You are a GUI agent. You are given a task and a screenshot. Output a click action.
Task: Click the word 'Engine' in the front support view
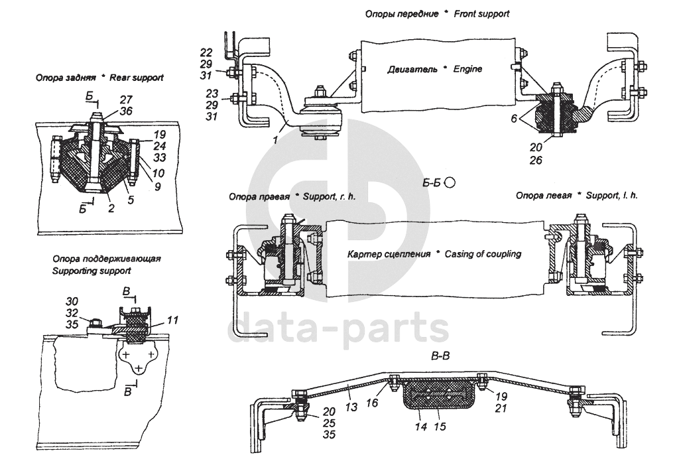pos(465,69)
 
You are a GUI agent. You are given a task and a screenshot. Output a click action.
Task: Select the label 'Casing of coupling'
pos(483,254)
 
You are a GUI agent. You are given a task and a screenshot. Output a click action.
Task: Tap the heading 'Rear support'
pos(137,78)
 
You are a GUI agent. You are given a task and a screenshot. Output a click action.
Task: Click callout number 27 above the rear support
pos(125,100)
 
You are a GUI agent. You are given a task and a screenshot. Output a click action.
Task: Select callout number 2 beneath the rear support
pos(111,208)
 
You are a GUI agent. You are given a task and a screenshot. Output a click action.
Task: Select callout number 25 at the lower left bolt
pos(329,423)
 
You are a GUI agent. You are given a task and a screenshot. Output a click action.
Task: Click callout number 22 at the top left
pos(206,52)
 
